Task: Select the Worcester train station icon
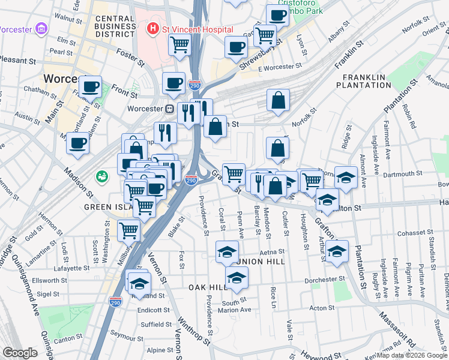pos(170,109)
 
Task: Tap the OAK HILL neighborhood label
pos(207,287)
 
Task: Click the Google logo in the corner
pos(20,353)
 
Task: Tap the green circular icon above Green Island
pos(101,178)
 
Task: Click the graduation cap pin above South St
pos(237,277)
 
